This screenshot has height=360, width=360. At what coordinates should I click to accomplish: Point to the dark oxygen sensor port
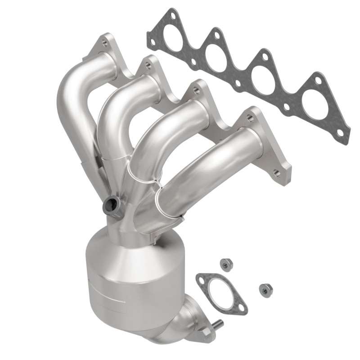[111, 206]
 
